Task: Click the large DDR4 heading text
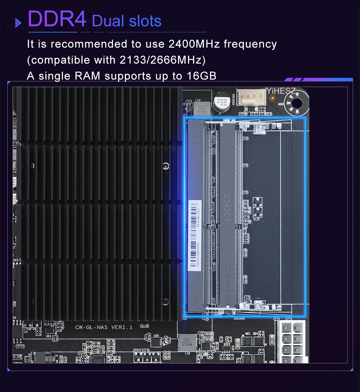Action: (57, 19)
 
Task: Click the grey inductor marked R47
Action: (202, 109)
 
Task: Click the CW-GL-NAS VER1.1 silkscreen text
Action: (104, 327)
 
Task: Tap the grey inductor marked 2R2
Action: (186, 343)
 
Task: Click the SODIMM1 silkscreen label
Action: (239, 319)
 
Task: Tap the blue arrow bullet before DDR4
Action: (18, 23)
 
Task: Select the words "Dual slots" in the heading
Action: (127, 21)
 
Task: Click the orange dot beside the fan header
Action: (273, 98)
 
